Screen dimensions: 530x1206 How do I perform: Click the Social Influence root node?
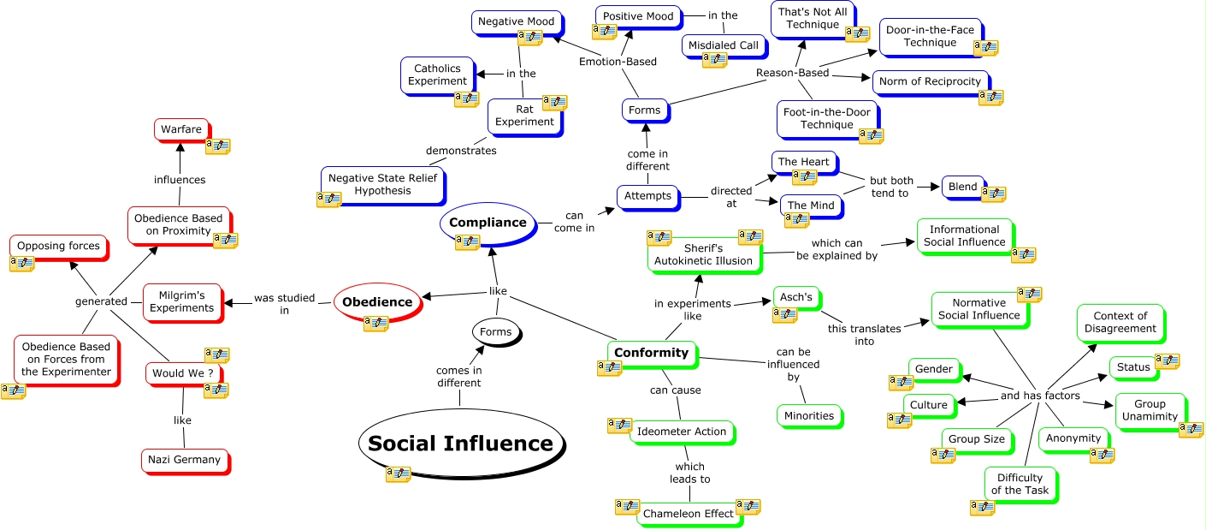(460, 443)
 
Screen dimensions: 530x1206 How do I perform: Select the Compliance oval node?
(488, 223)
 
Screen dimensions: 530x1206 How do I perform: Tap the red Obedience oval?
(377, 301)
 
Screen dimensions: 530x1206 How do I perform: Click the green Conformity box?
(651, 353)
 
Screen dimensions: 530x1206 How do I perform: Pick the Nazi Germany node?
(184, 460)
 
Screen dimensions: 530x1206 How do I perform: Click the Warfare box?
(181, 129)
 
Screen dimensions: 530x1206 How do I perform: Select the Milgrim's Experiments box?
(181, 301)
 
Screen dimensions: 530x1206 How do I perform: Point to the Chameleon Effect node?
(688, 514)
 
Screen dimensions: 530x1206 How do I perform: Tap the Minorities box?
(808, 416)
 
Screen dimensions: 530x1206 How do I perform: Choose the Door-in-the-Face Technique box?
(930, 37)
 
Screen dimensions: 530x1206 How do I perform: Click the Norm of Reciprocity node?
(930, 82)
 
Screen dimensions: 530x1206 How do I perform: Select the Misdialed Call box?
(724, 45)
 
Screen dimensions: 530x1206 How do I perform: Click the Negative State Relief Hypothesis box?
(382, 185)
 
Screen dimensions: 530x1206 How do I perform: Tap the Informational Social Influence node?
(964, 236)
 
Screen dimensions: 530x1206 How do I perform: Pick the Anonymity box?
(1073, 438)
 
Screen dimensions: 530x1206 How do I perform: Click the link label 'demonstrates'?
(461, 151)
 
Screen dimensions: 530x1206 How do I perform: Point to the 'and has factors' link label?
(1040, 396)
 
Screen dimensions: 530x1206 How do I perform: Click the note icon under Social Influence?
(398, 473)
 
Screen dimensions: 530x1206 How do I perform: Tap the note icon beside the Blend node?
(993, 194)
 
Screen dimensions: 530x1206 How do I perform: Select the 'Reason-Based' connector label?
(792, 73)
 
